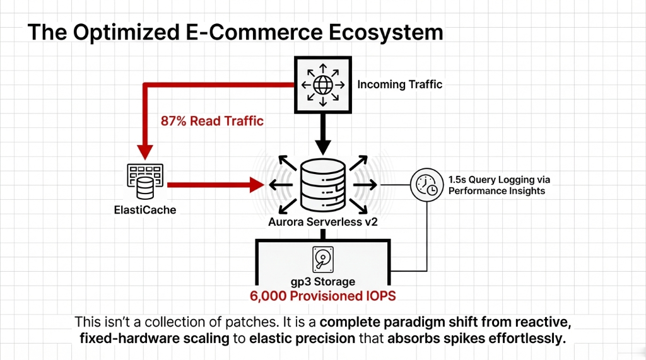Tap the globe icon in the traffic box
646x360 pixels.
coord(322,84)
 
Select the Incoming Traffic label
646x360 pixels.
coord(400,84)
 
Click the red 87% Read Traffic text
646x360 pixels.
coord(212,120)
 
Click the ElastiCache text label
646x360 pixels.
coord(145,209)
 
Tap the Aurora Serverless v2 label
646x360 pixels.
coord(322,221)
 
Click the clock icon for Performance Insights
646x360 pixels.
coord(426,185)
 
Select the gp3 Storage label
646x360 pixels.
coord(322,281)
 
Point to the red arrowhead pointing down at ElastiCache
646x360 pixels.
coord(145,151)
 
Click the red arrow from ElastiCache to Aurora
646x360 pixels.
coord(214,185)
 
